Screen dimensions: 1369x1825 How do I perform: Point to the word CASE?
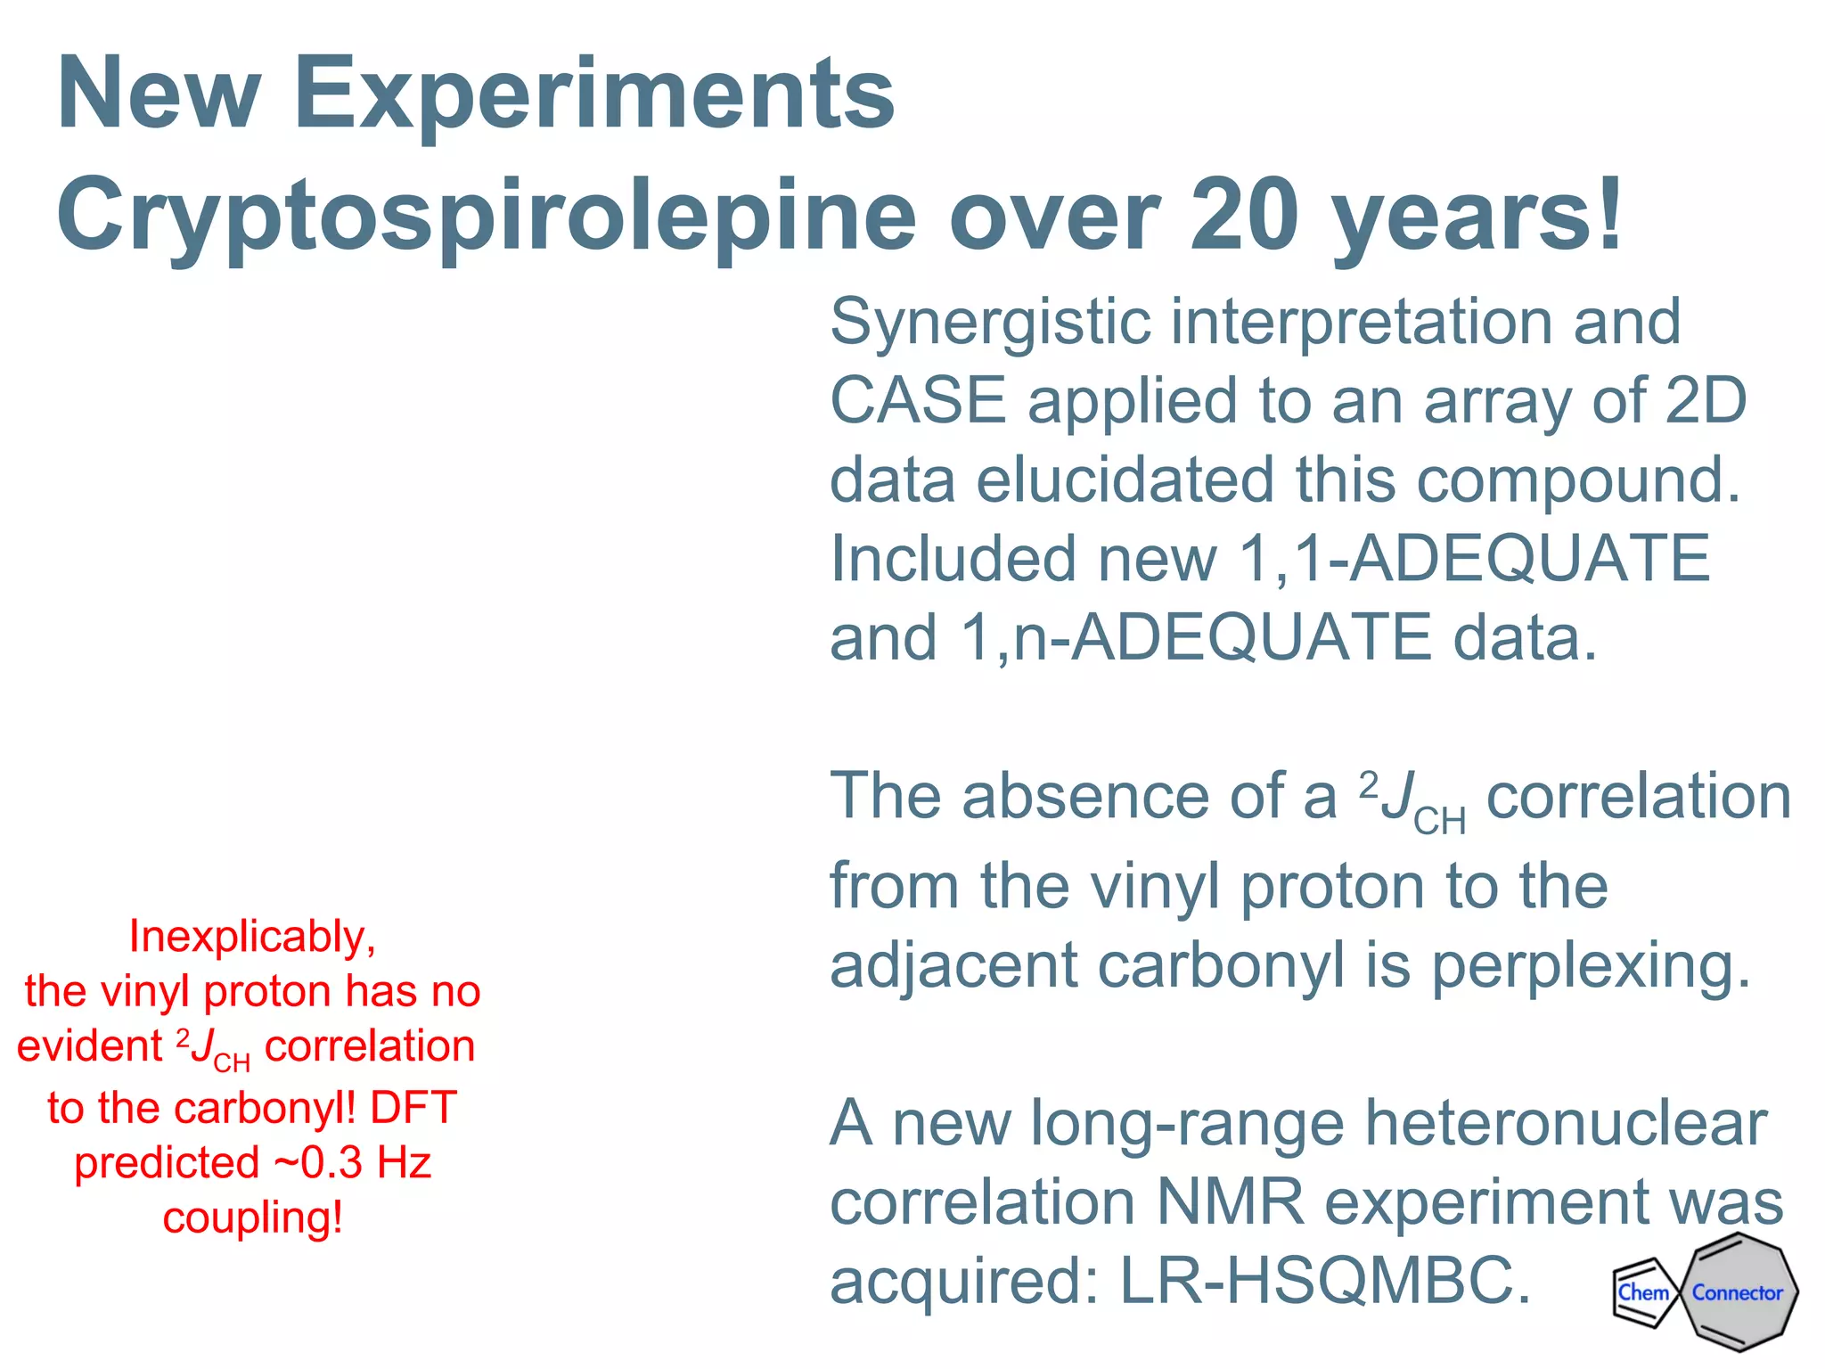(x=918, y=400)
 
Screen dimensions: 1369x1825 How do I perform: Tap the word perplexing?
(x=1591, y=966)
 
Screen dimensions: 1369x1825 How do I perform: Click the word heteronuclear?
(x=1566, y=1123)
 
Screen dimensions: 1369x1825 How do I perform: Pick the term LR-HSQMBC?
(x=1325, y=1282)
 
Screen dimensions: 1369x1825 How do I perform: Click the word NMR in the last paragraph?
(x=1230, y=1202)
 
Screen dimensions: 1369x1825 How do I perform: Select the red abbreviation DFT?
(x=413, y=1108)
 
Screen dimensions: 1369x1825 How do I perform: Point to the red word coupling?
(x=252, y=1218)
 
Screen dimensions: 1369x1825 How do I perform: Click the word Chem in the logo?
(x=1643, y=1292)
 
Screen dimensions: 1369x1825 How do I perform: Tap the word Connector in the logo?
(x=1737, y=1292)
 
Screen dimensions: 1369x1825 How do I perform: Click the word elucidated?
(x=1125, y=480)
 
